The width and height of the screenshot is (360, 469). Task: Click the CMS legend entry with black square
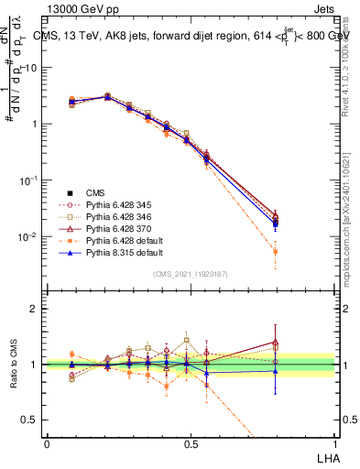click(x=96, y=192)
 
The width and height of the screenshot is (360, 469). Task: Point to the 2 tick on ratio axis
click(x=34, y=309)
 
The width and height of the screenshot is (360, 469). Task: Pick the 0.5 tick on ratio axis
click(x=30, y=420)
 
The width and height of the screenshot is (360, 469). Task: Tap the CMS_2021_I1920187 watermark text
click(x=190, y=274)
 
